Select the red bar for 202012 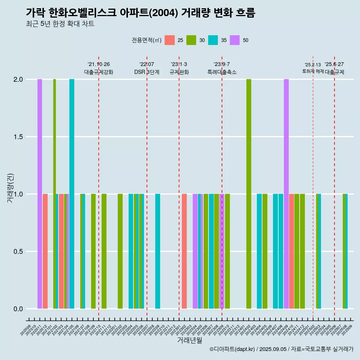(x=45, y=251)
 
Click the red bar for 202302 (x=184, y=251)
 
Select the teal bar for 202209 (x=157, y=251)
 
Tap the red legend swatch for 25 (x=170, y=40)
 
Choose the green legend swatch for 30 (x=191, y=40)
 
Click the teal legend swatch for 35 (x=213, y=40)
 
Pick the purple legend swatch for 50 (x=235, y=40)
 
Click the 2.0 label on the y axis (x=18, y=79)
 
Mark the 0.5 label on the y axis (x=18, y=252)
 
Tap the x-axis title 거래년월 (x=189, y=340)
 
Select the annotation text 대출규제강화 (x=99, y=72)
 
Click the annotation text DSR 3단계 (x=147, y=72)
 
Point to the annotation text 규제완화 (x=179, y=72)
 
